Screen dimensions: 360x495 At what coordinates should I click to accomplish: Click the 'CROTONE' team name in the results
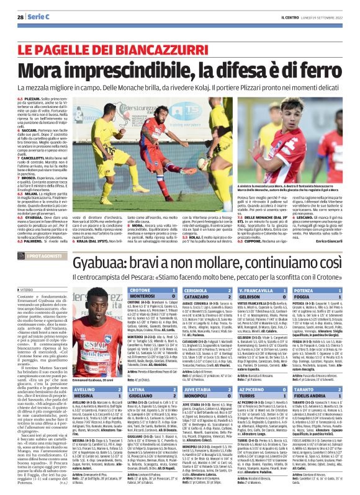pos(141,272)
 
